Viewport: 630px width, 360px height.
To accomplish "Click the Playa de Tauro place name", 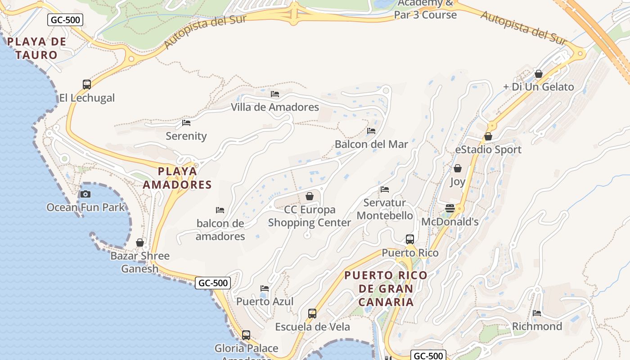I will point(36,48).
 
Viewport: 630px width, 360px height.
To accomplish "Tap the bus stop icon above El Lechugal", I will point(87,84).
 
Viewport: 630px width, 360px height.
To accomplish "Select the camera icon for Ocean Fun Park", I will point(85,194).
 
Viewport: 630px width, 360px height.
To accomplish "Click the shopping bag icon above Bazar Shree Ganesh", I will point(140,243).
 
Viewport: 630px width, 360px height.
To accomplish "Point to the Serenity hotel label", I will point(186,136).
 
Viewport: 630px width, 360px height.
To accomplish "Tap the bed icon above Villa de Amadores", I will point(275,94).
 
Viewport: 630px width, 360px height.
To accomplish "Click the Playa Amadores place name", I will point(177,178).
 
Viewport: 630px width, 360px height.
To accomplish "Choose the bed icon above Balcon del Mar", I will point(371,131).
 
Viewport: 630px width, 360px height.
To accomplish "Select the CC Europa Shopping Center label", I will point(310,216).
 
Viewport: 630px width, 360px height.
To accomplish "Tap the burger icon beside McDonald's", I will point(450,208).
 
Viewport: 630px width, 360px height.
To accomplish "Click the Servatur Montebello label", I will point(385,209).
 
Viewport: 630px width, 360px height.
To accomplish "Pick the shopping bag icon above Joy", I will point(458,168).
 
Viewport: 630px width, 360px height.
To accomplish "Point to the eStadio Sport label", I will point(488,149).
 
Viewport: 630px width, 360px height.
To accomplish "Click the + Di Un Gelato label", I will point(539,87).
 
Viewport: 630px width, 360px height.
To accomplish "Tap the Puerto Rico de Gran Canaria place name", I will point(386,288).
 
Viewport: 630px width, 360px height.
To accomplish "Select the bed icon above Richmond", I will point(537,313).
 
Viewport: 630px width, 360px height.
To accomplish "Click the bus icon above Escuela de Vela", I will point(312,314).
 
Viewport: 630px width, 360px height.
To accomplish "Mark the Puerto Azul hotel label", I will point(265,301).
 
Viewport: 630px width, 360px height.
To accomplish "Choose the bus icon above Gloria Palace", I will point(246,335).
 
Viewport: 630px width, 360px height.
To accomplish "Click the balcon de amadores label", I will point(220,229).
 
